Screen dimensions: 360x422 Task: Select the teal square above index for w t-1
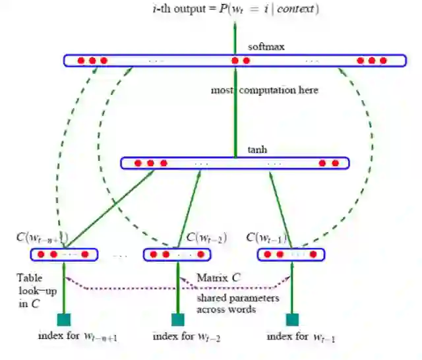click(292, 319)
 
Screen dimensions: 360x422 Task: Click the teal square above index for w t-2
click(178, 319)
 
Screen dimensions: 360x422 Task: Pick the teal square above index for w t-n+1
click(63, 319)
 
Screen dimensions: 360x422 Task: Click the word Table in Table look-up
click(29, 278)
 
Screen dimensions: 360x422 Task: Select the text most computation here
click(264, 90)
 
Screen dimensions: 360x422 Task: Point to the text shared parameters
click(237, 298)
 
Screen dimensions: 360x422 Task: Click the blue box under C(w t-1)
click(291, 254)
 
